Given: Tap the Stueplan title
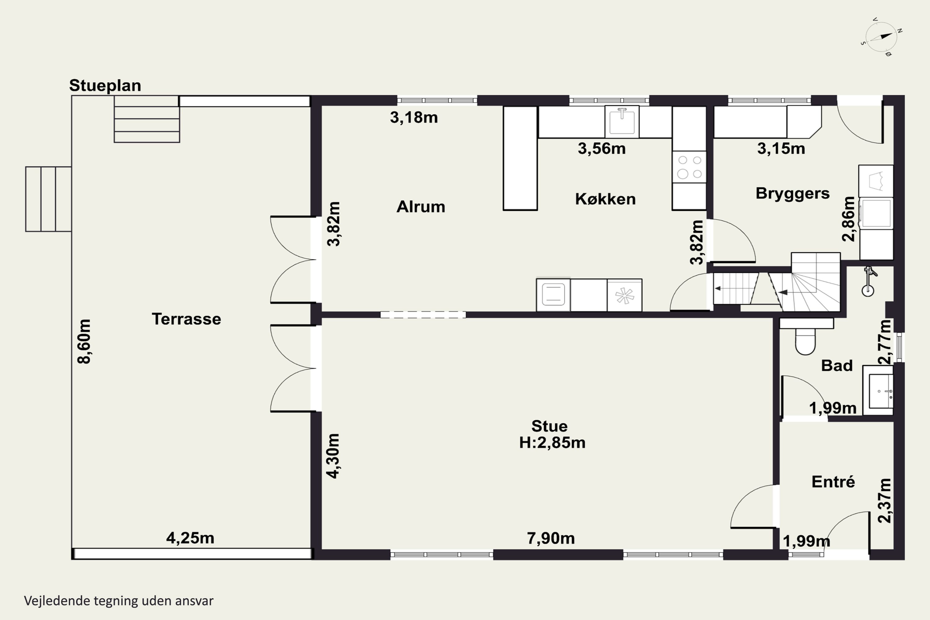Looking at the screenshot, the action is pyautogui.click(x=105, y=86).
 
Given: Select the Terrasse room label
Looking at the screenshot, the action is pyautogui.click(x=186, y=319).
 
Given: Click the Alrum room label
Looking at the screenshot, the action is pyautogui.click(x=421, y=207).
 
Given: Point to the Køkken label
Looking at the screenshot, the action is pyautogui.click(x=605, y=199).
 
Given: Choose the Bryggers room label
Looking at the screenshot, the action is pyautogui.click(x=792, y=193).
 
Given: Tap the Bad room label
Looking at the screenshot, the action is pyautogui.click(x=837, y=365).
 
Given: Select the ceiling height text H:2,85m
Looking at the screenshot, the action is pyautogui.click(x=552, y=442).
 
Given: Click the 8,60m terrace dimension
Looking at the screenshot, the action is pyautogui.click(x=85, y=341).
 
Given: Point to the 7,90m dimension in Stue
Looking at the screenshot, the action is pyautogui.click(x=551, y=538).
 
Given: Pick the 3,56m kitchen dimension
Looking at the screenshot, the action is pyautogui.click(x=601, y=149).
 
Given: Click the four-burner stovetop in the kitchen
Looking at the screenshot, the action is pyautogui.click(x=689, y=167).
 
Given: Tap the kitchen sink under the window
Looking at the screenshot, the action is pyautogui.click(x=622, y=122).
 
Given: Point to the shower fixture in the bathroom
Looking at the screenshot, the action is pyautogui.click(x=869, y=281).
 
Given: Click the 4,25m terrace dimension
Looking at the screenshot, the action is pyautogui.click(x=190, y=538).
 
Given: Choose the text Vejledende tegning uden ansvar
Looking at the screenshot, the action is pyautogui.click(x=119, y=601).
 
